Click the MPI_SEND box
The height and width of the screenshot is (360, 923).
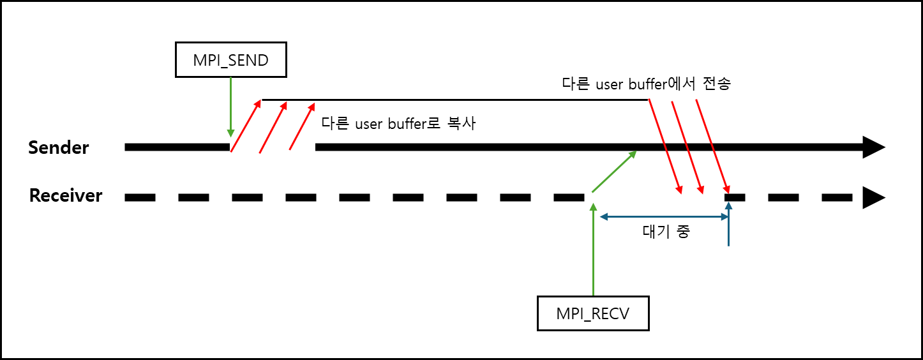coord(230,61)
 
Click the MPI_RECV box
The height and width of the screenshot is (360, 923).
coord(593,313)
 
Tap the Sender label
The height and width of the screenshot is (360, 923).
coord(59,148)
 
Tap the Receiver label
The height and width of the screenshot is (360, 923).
coord(66,195)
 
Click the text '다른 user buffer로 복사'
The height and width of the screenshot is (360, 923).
coord(398,124)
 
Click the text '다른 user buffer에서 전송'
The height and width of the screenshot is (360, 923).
coord(646,84)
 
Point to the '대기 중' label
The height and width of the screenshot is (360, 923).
coord(665,232)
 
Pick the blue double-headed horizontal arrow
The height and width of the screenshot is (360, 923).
coord(664,217)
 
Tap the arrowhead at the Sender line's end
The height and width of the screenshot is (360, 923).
coord(873,147)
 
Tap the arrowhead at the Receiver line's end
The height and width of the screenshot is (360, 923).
coord(873,197)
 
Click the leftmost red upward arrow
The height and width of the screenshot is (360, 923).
coord(246,126)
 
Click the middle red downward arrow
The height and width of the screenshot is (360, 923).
coord(687,147)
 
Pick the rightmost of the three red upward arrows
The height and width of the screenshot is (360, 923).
coord(302,126)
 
